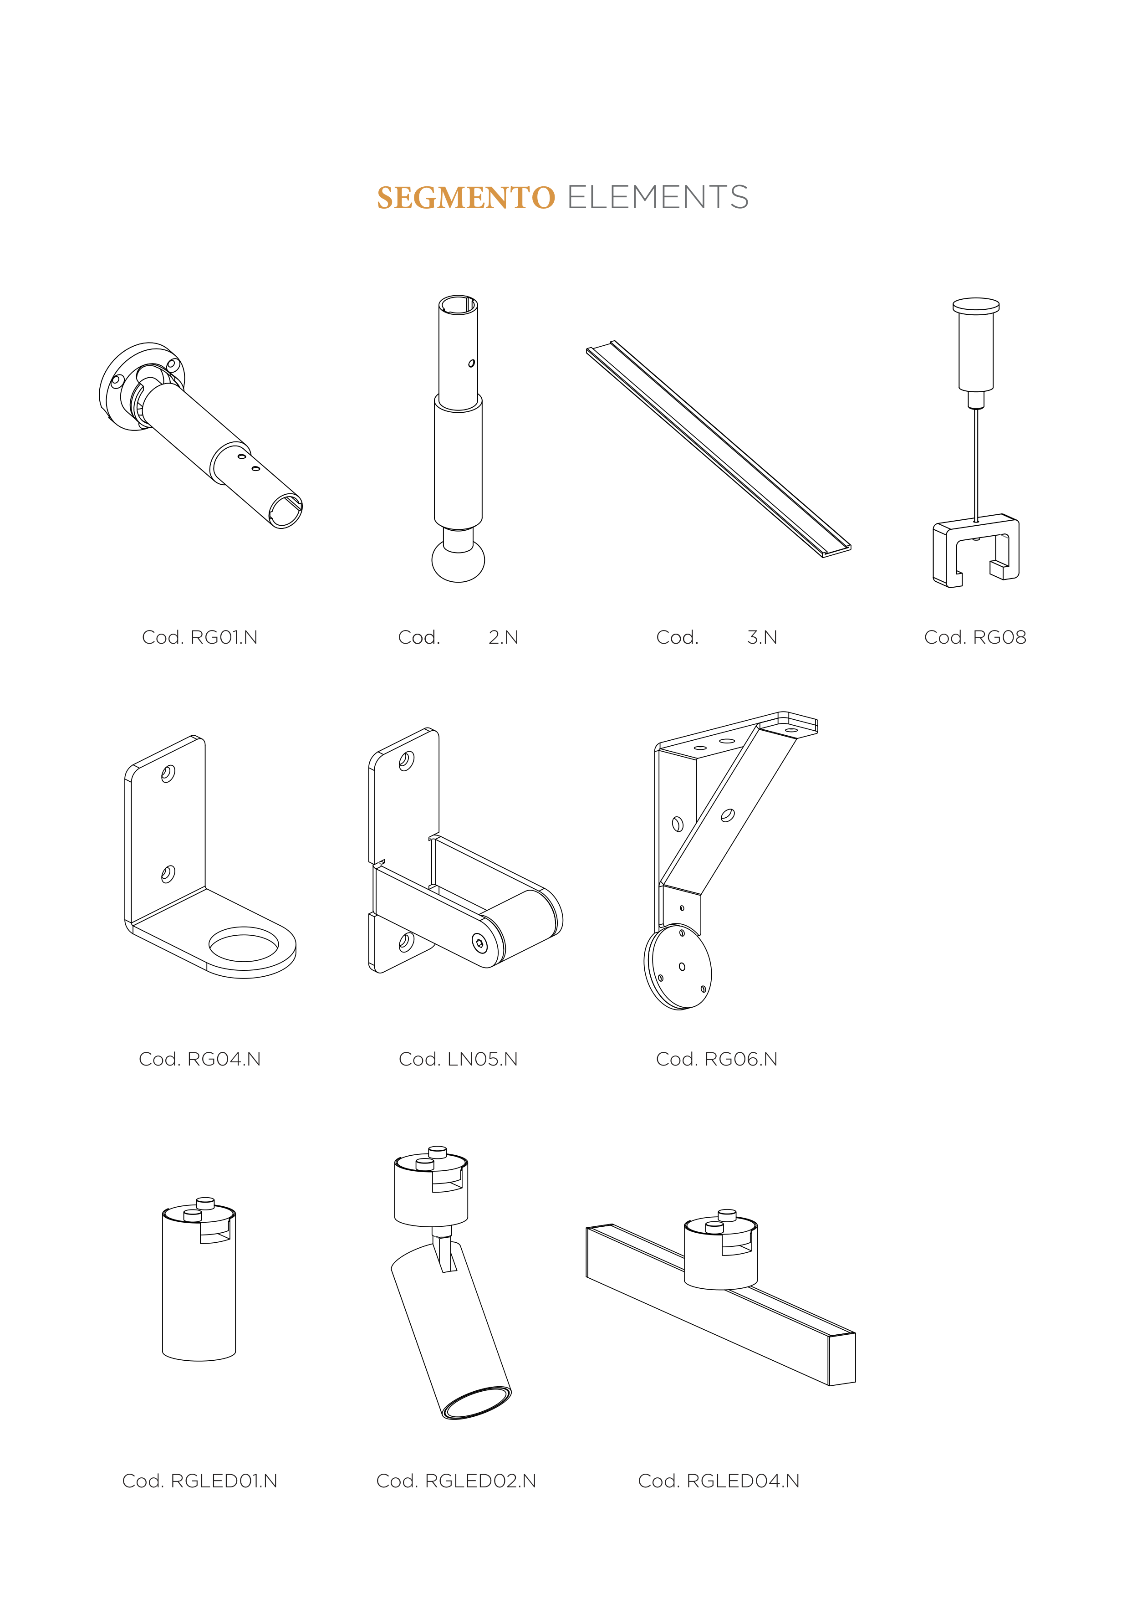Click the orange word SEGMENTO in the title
coord(466,198)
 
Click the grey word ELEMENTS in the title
coord(658,198)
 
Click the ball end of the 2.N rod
coord(458,561)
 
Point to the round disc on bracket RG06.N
coord(678,967)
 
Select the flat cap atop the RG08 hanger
coord(976,306)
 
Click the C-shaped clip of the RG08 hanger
coord(976,551)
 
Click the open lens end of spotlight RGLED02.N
coord(477,1403)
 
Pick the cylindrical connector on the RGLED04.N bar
coord(721,1253)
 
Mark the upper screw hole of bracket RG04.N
coord(168,774)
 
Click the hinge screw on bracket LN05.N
coord(479,943)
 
